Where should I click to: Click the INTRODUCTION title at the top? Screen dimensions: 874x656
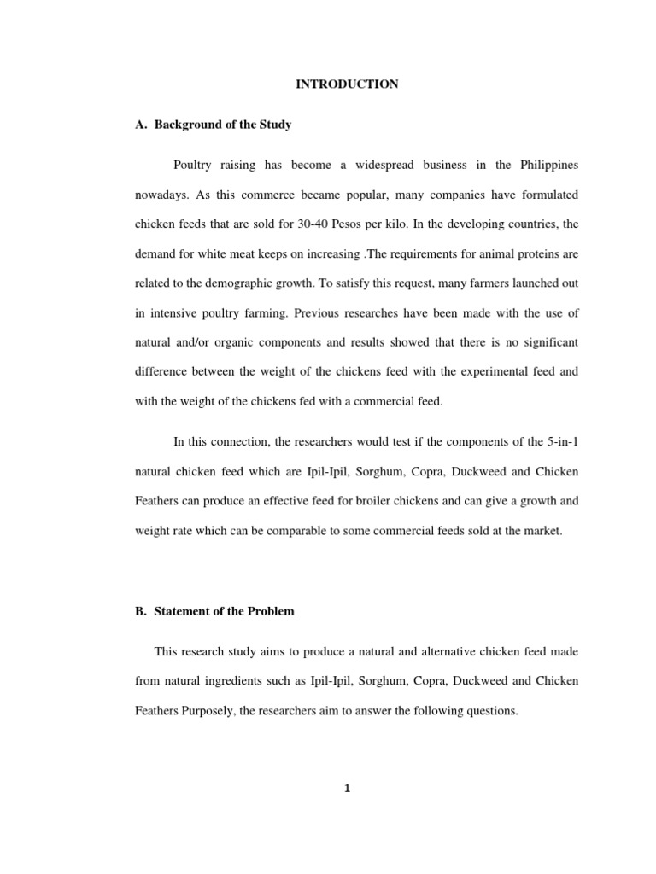pyautogui.click(x=347, y=84)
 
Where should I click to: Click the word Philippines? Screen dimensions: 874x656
pyautogui.click(x=546, y=165)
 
